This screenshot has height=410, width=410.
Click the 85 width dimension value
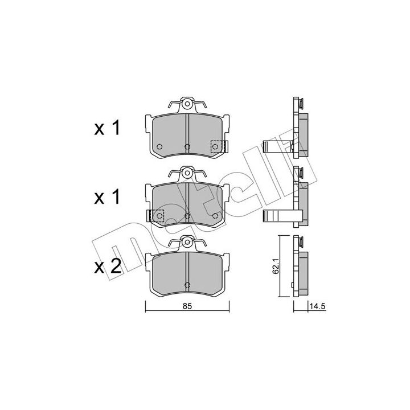187,306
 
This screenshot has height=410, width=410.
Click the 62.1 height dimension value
276,266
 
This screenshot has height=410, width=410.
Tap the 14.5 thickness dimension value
317,306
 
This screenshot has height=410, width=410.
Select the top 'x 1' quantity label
107,128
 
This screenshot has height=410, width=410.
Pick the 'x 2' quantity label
108,266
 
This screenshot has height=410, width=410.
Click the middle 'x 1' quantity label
107,197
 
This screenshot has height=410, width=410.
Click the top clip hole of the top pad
187,104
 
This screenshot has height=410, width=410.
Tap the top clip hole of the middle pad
187,173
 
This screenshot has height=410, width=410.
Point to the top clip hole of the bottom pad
187,241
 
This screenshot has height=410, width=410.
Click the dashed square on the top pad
218,146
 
